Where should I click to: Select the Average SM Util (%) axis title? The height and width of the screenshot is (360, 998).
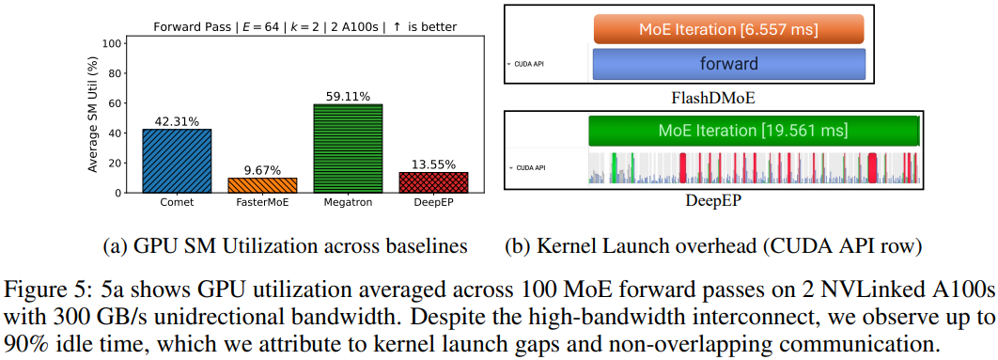tap(93, 117)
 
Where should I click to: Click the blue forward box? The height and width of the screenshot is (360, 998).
tap(728, 64)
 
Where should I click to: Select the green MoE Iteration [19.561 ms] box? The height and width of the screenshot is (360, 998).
tap(753, 130)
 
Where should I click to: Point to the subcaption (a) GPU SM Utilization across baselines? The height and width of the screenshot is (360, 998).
tap(284, 246)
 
